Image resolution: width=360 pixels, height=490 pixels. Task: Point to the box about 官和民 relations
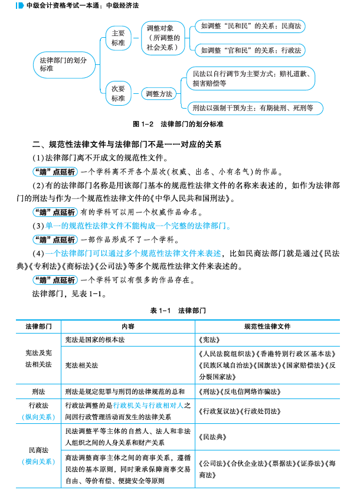click(251, 51)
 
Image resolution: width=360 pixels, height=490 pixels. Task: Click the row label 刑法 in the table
click(38, 391)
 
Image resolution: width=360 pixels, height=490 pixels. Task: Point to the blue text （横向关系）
click(39, 461)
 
